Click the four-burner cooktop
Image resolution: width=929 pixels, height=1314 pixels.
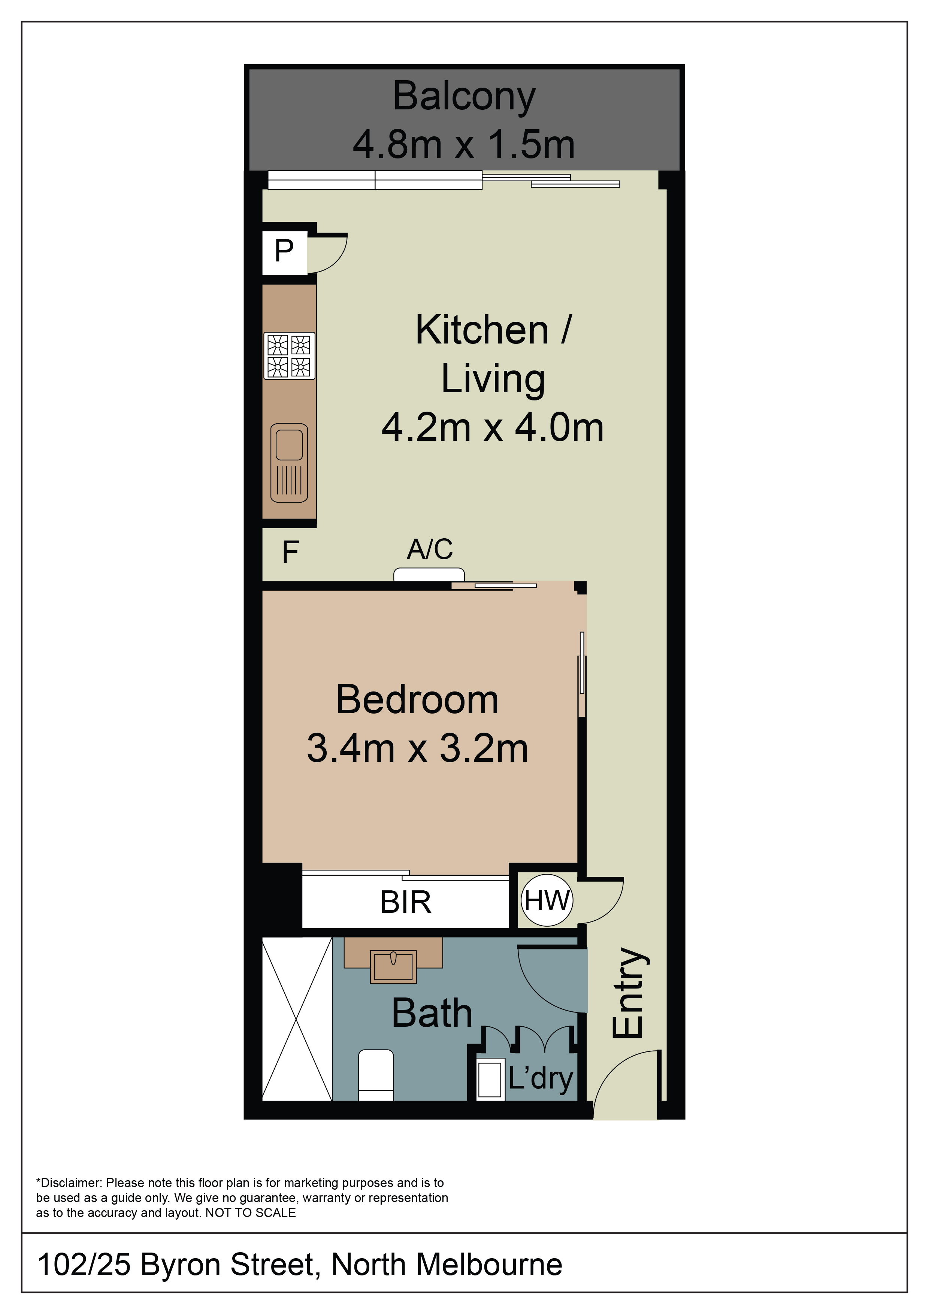[290, 355]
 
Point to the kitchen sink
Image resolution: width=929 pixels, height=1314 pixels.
[289, 463]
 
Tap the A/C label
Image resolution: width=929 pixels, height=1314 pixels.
[430, 549]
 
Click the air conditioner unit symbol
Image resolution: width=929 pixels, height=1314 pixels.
[429, 575]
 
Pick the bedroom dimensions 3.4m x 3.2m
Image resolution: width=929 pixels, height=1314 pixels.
[417, 748]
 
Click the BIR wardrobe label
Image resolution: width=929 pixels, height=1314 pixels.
[406, 902]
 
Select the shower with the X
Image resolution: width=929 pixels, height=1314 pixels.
[297, 1019]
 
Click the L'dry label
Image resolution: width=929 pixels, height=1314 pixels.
[541, 1078]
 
